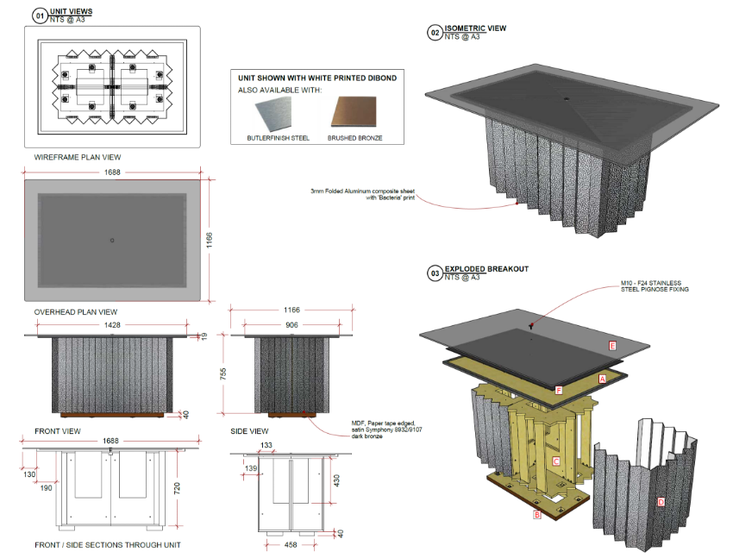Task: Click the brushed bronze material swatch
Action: [354, 112]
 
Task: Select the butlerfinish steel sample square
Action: [274, 113]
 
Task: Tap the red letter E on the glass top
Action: [612, 346]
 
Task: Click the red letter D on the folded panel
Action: [661, 503]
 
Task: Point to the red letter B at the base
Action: [537, 515]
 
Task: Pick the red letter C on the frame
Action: [556, 461]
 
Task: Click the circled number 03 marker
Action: [435, 273]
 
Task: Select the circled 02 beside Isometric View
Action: [435, 33]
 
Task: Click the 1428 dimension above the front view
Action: [112, 325]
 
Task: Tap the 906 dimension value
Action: [291, 325]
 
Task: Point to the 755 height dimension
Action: [223, 374]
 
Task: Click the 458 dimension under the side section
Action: [291, 545]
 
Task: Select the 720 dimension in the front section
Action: [177, 488]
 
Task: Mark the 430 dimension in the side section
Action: [336, 481]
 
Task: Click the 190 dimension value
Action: [46, 488]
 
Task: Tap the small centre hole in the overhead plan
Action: [112, 241]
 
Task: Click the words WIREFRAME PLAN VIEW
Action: [78, 158]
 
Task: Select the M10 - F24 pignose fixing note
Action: [655, 286]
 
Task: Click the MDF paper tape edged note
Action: [386, 429]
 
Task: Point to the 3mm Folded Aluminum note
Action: [363, 194]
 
